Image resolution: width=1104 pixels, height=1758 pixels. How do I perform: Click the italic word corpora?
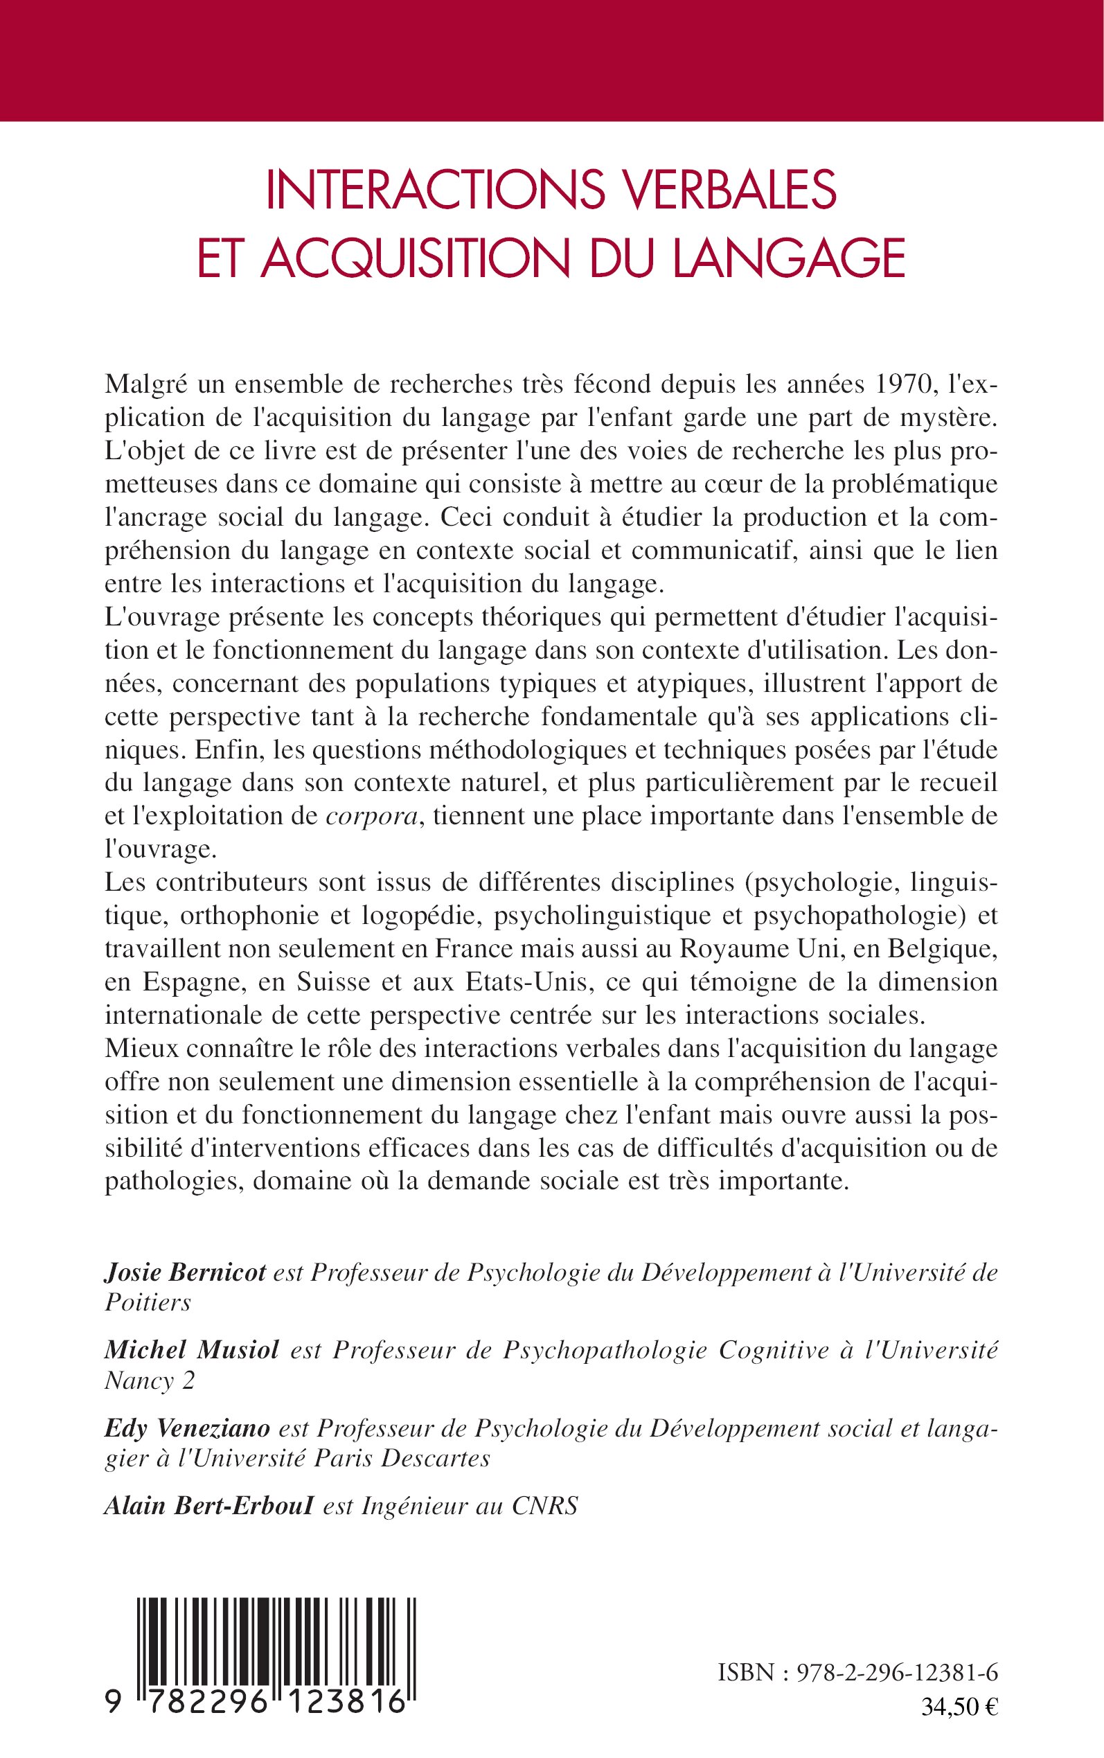(373, 817)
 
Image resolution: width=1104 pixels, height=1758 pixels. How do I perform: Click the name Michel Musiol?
(191, 1350)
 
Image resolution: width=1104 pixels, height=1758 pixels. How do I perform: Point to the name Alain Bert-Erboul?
(208, 1505)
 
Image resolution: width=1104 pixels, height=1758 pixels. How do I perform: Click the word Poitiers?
(148, 1303)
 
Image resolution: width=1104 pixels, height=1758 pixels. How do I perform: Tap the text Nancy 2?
(150, 1380)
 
